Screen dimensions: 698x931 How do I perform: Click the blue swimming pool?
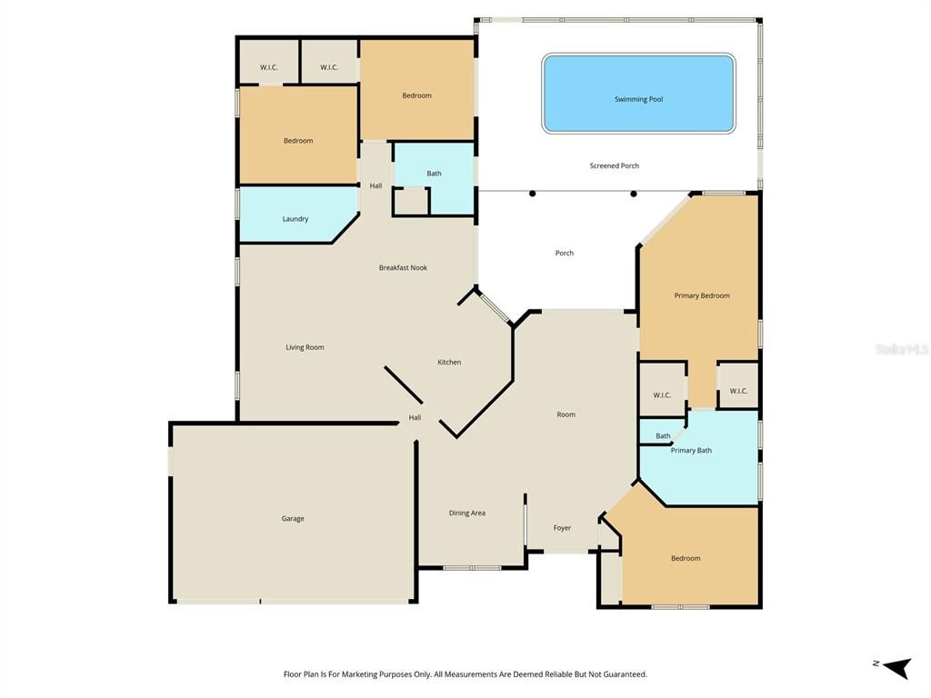click(638, 93)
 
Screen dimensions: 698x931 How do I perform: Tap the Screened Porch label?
click(614, 165)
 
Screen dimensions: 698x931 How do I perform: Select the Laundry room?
click(295, 218)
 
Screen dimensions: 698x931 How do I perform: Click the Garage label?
click(293, 518)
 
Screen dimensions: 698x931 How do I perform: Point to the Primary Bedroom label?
click(702, 295)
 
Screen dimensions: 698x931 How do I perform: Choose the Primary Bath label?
click(691, 450)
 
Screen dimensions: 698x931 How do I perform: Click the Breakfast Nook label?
click(403, 267)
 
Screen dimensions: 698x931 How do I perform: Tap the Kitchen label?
click(449, 362)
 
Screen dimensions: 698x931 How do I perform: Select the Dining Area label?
click(466, 513)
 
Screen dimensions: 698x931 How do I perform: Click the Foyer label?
click(562, 527)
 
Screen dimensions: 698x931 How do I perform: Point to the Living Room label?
click(305, 347)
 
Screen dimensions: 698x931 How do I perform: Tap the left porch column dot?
click(533, 194)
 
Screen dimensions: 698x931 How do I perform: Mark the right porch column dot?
click(634, 194)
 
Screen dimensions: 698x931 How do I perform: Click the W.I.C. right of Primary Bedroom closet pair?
click(738, 391)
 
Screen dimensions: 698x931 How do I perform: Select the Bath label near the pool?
click(434, 174)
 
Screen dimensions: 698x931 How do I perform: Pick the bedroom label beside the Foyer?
click(686, 558)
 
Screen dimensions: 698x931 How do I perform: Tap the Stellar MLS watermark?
click(901, 349)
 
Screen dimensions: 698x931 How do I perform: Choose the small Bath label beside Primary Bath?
click(663, 435)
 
